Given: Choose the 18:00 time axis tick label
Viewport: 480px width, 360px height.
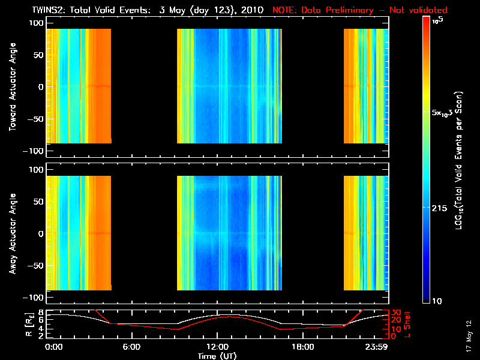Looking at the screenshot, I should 302,347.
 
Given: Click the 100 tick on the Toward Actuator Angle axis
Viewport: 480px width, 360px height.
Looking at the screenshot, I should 37,23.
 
